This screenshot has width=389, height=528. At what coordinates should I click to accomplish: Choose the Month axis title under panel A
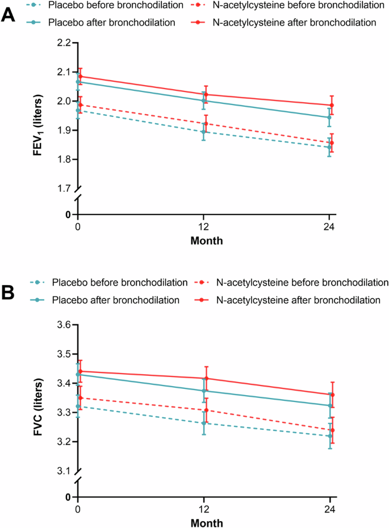[x=206, y=241]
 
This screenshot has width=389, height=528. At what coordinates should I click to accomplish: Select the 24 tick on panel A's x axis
[x=331, y=227]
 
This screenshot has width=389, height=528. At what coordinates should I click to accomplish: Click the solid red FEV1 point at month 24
[x=332, y=105]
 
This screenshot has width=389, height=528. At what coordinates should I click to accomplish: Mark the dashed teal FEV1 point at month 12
[x=203, y=132]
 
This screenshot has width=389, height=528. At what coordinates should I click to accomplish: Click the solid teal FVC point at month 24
[x=330, y=405]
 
